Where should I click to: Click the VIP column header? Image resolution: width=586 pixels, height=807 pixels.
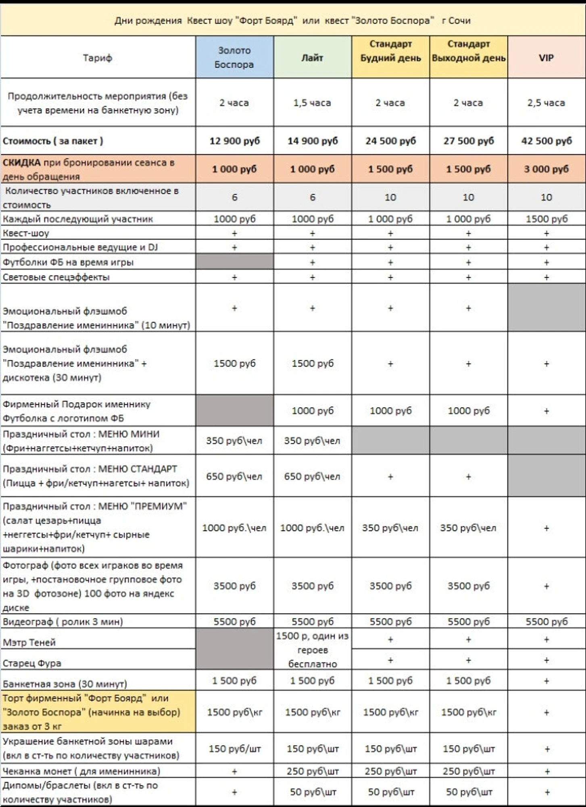(x=546, y=58)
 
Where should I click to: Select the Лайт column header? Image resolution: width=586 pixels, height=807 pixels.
(x=312, y=58)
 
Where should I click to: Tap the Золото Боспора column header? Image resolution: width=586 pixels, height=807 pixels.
(x=234, y=57)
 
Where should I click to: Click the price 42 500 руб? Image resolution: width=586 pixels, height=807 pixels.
(x=546, y=141)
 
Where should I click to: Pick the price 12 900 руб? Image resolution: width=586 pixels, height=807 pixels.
(x=234, y=141)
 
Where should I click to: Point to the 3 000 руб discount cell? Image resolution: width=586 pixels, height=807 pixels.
(x=546, y=169)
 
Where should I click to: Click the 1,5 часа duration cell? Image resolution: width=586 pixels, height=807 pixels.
(x=312, y=103)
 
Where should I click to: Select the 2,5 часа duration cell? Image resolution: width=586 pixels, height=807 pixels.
(x=546, y=103)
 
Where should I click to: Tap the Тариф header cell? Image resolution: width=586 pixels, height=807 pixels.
(x=98, y=58)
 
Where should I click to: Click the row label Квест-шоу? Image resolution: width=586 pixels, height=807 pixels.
(x=26, y=233)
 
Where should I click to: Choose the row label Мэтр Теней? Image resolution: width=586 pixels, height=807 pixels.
(x=29, y=642)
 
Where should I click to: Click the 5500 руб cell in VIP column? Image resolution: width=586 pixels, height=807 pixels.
(x=546, y=621)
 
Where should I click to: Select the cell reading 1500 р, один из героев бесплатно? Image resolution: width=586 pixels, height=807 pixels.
(x=312, y=650)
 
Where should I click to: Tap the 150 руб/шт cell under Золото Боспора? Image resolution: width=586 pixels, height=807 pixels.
(x=234, y=749)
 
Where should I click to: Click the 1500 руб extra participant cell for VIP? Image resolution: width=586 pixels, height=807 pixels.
(x=546, y=219)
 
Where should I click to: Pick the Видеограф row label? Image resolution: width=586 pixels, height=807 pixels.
(x=63, y=621)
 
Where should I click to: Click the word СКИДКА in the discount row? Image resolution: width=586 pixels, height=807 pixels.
(x=21, y=163)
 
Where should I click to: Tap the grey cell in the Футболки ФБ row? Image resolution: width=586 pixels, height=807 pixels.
(x=234, y=262)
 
